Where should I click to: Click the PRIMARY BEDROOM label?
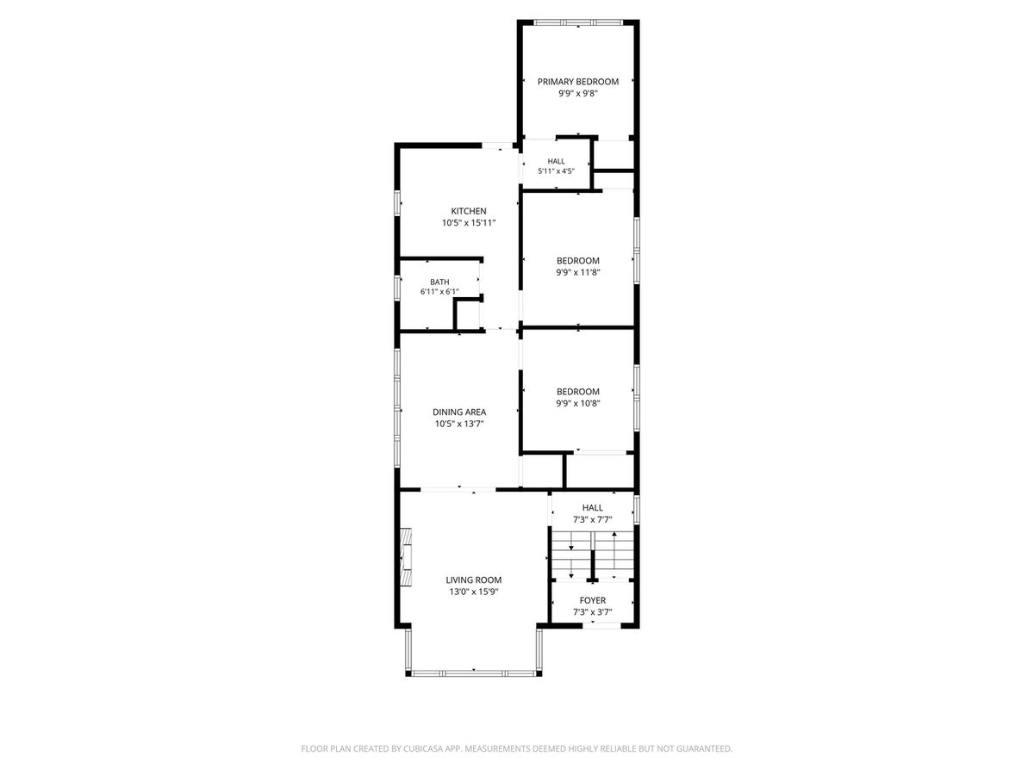[x=578, y=82]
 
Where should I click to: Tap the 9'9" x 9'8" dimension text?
[x=578, y=94]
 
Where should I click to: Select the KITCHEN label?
[x=469, y=211]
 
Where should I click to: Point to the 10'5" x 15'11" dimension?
[x=469, y=223]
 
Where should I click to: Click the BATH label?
[x=439, y=282]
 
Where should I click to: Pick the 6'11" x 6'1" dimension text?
[x=439, y=292]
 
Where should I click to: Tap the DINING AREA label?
[x=459, y=412]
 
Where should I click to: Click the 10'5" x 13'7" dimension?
[x=459, y=424]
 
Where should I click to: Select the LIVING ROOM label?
[x=473, y=580]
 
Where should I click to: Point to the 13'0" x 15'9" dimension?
[x=473, y=592]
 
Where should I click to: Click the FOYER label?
[x=593, y=600]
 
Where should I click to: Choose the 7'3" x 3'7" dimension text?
[x=593, y=612]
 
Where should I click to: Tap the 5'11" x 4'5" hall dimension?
[x=557, y=171]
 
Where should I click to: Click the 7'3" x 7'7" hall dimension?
[x=593, y=519]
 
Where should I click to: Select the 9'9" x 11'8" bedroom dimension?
[x=578, y=272]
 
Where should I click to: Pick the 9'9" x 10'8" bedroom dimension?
[x=578, y=403]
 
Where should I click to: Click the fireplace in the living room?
[x=406, y=556]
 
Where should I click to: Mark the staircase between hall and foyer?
[x=593, y=555]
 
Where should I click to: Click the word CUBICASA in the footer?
[x=422, y=748]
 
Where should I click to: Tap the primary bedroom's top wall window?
[x=578, y=22]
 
